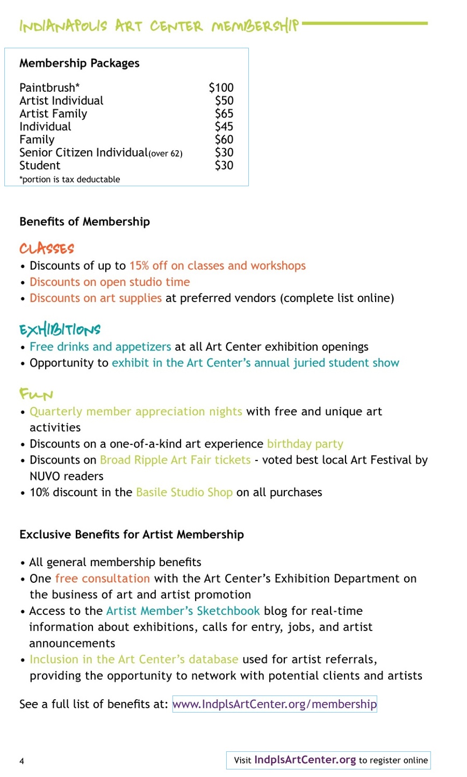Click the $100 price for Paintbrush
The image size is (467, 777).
pyautogui.click(x=221, y=87)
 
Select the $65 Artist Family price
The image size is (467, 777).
pyautogui.click(x=224, y=114)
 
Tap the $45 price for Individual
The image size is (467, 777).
pyautogui.click(x=224, y=127)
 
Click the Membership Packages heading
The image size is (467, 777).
pyautogui.click(x=80, y=63)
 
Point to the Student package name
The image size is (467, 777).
pyautogui.click(x=40, y=165)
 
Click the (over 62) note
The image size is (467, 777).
pyautogui.click(x=166, y=154)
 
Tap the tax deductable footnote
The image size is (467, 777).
pyautogui.click(x=70, y=179)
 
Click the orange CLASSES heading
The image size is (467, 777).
pyautogui.click(x=47, y=248)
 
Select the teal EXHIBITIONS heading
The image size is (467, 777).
pyautogui.click(x=60, y=329)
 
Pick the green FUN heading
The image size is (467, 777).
pyautogui.click(x=36, y=394)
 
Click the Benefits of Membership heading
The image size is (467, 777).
pyautogui.click(x=84, y=222)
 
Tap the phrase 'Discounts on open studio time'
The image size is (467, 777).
pyautogui.click(x=110, y=282)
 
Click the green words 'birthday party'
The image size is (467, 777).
pyautogui.click(x=305, y=444)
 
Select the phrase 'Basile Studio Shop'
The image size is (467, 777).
pyautogui.click(x=184, y=493)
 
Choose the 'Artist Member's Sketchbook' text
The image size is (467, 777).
pyautogui.click(x=183, y=611)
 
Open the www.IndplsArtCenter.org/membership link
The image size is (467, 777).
pyautogui.click(x=274, y=704)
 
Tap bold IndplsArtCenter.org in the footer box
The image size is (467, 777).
pyautogui.click(x=305, y=760)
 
